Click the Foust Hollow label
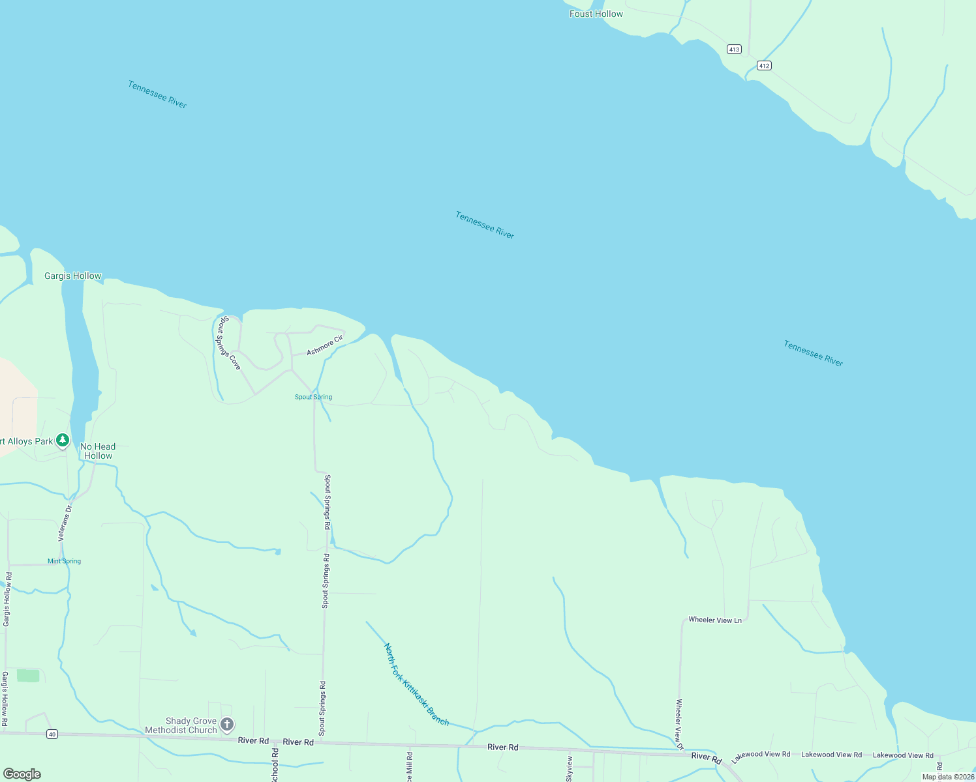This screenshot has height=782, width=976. pos(596,14)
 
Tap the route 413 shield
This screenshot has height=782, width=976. pos(734,50)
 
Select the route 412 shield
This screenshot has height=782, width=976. pos(764,65)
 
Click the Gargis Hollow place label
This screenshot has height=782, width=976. pos(72,276)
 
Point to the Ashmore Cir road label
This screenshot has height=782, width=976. pos(325,345)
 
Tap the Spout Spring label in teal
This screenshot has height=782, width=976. pos(313,397)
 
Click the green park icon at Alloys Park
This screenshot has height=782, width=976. pos(63,441)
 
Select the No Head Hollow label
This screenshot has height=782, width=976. pos(98,451)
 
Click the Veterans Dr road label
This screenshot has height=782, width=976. pos(65,523)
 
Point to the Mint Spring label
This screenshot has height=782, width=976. pos(64,561)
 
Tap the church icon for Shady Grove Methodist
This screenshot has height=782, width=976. pos(227,725)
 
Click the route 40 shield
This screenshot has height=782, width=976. pos(52,734)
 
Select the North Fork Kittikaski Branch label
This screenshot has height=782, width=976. pos(416,685)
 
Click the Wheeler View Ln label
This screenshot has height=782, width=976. pos(715,620)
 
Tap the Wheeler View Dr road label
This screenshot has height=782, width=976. pos(679,724)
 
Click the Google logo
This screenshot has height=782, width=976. pos(22,774)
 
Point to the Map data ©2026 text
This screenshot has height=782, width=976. pos(947,777)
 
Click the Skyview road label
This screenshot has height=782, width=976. pos(570,770)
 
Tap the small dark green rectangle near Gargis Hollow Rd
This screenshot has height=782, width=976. pos(28,676)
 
